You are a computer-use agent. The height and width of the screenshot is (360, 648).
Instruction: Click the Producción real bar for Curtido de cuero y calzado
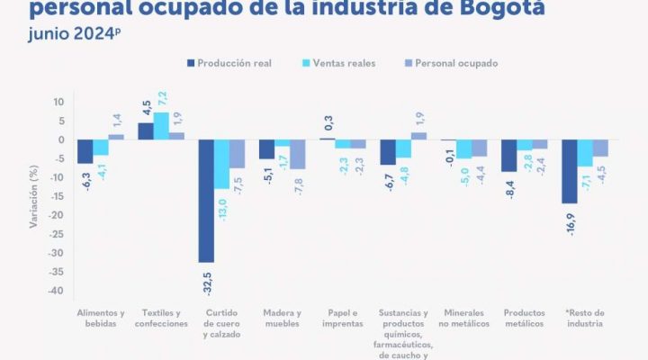click(206, 201)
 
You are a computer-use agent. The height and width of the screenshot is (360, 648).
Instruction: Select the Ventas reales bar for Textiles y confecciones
click(161, 126)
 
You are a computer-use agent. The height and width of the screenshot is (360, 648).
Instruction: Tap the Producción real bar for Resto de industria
click(569, 171)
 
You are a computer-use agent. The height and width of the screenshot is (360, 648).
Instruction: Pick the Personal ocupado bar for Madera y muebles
click(298, 154)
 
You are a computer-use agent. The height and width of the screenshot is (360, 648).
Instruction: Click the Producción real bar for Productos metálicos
click(508, 156)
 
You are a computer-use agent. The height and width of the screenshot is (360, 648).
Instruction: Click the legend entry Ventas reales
click(346, 63)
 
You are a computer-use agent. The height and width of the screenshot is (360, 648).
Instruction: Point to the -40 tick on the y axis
click(57, 291)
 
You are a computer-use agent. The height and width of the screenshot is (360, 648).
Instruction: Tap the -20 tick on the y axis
click(57, 215)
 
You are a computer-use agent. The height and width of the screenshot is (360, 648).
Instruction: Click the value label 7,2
click(162, 95)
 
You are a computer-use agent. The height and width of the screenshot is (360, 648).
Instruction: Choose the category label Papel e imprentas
click(343, 318)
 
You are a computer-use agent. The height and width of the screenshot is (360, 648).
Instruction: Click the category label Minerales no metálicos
click(464, 318)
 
